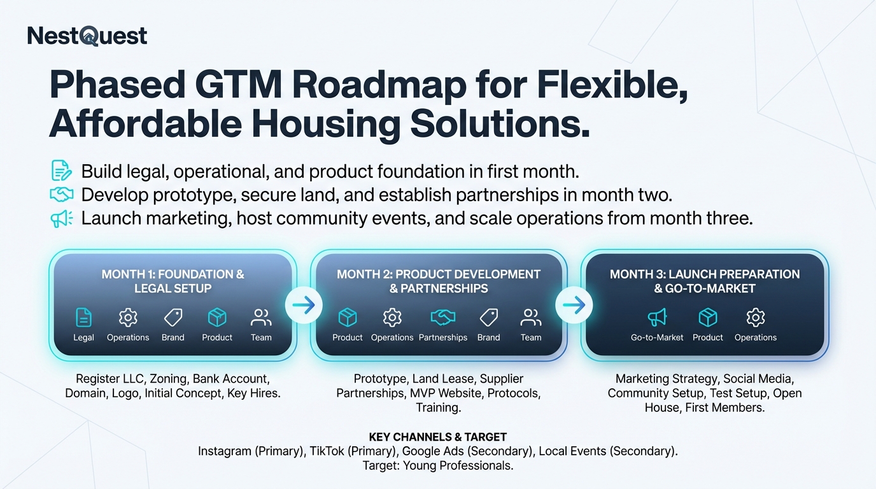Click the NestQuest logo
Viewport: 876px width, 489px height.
click(x=87, y=36)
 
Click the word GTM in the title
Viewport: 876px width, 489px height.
click(x=238, y=85)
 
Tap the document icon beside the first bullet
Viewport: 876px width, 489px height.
click(x=61, y=170)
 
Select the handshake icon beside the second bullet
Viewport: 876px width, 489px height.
click(x=61, y=194)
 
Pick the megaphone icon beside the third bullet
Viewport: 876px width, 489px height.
click(x=61, y=218)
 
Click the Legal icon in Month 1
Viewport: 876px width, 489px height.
click(x=83, y=317)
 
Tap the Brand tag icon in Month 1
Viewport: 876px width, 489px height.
click(x=173, y=317)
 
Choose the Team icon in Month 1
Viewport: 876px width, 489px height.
click(x=261, y=317)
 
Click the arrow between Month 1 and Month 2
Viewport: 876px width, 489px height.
click(x=304, y=305)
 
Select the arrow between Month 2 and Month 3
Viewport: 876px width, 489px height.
click(x=574, y=305)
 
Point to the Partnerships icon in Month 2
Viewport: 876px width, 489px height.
click(x=442, y=317)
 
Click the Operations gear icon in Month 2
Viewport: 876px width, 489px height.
click(x=392, y=317)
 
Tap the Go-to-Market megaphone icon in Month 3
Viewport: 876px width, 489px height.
click(x=657, y=317)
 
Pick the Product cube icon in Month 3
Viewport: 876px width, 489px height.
click(x=708, y=317)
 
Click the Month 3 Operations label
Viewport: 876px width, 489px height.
click(x=756, y=337)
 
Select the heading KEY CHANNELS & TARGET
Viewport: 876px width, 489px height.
click(x=437, y=437)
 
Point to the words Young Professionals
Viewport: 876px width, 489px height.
click(x=458, y=465)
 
